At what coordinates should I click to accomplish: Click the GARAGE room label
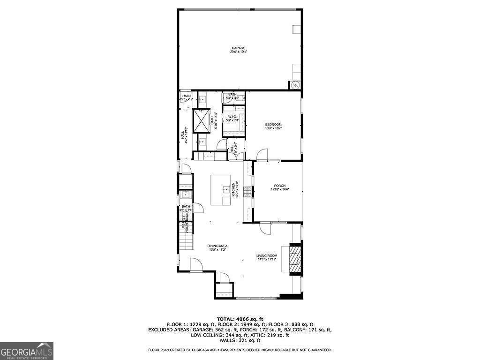coord(239,48)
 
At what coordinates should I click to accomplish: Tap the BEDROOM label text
coord(273,124)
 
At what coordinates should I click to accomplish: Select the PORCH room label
coord(280,186)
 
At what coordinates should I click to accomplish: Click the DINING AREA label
coord(217,246)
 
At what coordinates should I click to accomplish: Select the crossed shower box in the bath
coord(202,120)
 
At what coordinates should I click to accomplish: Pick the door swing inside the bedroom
coord(262,154)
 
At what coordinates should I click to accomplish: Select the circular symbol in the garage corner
coord(295,85)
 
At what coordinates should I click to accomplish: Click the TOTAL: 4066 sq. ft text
coord(240,319)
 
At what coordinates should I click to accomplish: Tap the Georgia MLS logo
coord(27,351)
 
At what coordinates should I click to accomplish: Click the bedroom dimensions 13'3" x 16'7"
coord(273,127)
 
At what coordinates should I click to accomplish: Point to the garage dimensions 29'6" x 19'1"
coord(239,52)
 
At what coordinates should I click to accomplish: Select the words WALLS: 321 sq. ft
coord(240,341)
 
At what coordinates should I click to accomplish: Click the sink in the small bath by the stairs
coord(185,195)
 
